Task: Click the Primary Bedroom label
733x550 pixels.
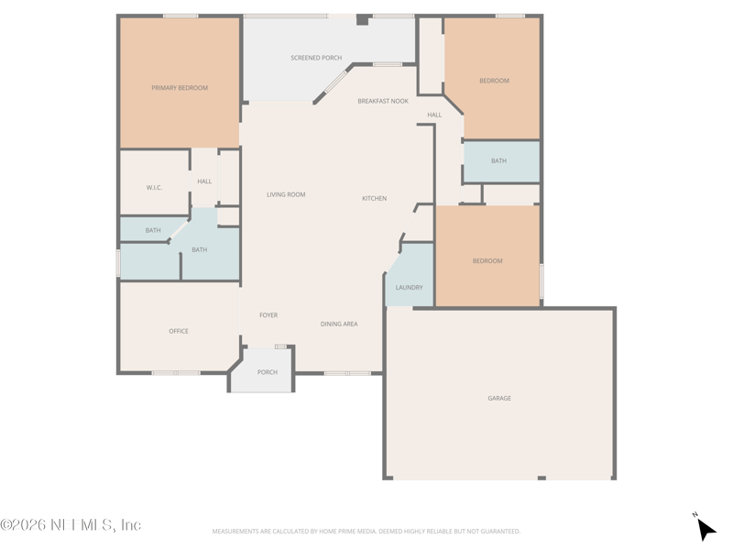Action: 180,88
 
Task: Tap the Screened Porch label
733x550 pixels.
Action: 316,58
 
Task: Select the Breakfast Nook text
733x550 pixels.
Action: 383,101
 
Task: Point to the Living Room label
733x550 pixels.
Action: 286,194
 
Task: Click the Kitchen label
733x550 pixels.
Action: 375,198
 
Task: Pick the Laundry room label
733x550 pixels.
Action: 409,288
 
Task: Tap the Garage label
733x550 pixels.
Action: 499,399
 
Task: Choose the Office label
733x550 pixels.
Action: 179,331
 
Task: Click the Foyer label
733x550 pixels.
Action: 268,315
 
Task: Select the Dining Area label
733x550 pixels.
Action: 339,324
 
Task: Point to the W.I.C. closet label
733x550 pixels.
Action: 154,188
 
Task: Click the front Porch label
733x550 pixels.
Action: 268,372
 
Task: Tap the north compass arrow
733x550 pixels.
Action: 706,529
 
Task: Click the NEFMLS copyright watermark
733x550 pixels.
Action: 71,524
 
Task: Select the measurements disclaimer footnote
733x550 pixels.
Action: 366,532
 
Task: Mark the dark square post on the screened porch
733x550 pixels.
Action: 363,19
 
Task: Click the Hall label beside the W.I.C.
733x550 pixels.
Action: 204,181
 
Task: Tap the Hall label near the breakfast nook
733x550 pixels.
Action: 434,115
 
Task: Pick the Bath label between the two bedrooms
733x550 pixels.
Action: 498,161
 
